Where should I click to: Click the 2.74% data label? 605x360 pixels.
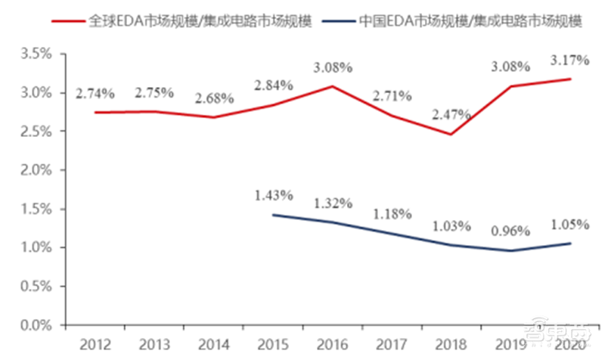click(95, 94)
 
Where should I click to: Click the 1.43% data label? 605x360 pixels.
click(273, 196)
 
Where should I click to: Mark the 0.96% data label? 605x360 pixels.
click(511, 232)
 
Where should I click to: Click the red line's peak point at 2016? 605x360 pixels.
click(333, 86)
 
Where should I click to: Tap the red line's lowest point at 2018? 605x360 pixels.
click(451, 134)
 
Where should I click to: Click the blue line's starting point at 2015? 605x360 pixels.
click(273, 215)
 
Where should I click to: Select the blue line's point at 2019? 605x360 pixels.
click(511, 250)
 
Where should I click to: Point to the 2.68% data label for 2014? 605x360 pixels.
click(213, 98)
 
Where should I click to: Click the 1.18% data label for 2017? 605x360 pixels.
click(392, 214)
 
